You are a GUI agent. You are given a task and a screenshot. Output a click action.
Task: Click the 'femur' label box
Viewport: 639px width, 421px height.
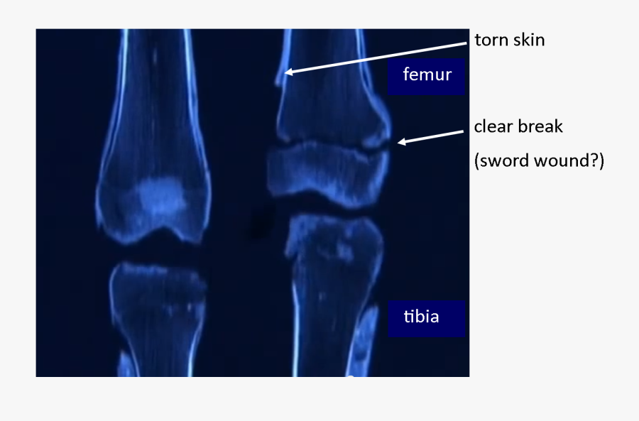coord(426,75)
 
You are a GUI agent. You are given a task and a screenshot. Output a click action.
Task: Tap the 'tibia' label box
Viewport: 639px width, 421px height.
coord(426,317)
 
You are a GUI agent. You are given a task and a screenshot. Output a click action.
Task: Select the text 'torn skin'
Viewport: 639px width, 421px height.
coord(510,40)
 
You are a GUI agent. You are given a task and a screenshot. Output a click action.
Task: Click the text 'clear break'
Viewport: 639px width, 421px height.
coord(518,127)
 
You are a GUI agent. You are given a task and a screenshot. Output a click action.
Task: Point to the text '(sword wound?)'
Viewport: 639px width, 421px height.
coord(539,160)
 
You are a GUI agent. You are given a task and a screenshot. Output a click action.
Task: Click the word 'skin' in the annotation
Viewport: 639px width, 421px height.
coord(528,40)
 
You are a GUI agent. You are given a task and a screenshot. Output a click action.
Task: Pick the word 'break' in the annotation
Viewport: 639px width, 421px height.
coord(541,127)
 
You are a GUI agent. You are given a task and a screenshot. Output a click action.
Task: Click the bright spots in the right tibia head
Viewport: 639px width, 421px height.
coord(341,248)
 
